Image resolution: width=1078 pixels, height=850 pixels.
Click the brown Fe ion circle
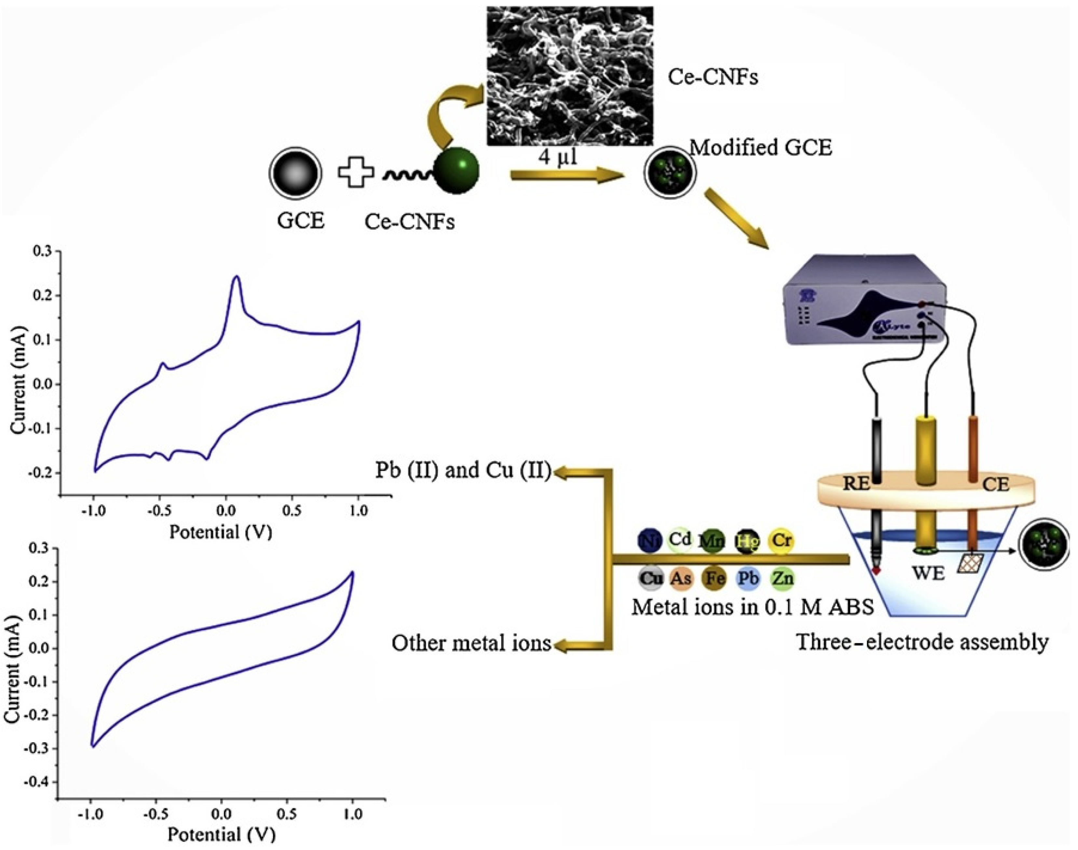[x=714, y=578]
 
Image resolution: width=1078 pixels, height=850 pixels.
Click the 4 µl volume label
[x=557, y=158]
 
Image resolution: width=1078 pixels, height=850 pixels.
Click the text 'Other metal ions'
[x=471, y=643]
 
